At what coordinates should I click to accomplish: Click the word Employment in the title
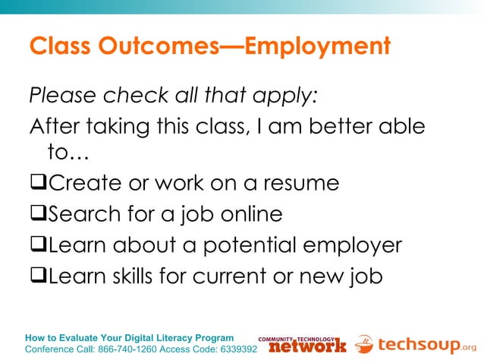coord(318,47)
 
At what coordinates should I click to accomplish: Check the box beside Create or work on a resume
coord(39,184)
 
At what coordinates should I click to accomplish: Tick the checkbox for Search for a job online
coord(39,215)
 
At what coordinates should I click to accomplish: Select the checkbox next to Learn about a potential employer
coord(39,246)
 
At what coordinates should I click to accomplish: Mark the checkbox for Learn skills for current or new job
coord(39,276)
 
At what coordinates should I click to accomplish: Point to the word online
coord(247,215)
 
